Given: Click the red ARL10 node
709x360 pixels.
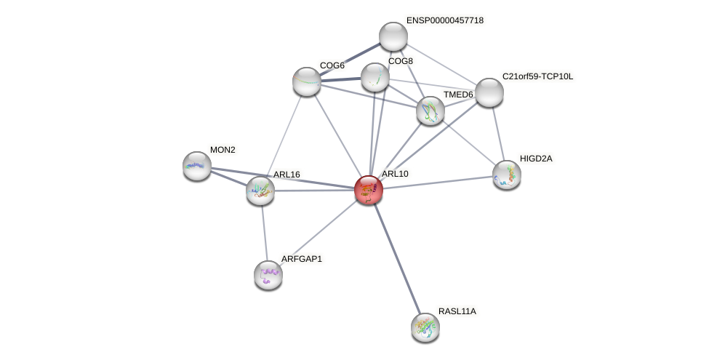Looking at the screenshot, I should (369, 190).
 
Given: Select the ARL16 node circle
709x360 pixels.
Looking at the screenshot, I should (260, 191).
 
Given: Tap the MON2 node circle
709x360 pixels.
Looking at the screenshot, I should (197, 166).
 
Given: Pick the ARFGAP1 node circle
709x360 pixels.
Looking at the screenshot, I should (268, 275).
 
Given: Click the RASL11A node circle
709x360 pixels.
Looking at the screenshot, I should (425, 327).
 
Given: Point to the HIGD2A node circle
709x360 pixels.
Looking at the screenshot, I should (507, 175).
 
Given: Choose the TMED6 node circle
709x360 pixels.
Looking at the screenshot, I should (430, 111).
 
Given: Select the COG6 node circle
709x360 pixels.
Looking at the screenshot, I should (307, 81).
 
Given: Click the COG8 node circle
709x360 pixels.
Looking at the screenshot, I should (375, 77).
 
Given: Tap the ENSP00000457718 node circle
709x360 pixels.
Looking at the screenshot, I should (393, 36).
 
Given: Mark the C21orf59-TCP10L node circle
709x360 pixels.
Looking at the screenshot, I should (489, 92).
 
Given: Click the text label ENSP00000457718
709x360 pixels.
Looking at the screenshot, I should (445, 20).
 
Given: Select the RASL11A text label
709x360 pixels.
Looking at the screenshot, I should (457, 311).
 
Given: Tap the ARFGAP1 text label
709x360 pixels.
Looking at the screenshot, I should (301, 258).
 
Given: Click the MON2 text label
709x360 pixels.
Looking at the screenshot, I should (223, 150).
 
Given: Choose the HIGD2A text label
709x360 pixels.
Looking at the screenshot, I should (535, 158).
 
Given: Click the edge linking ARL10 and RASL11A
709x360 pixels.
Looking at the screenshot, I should (397, 258).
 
